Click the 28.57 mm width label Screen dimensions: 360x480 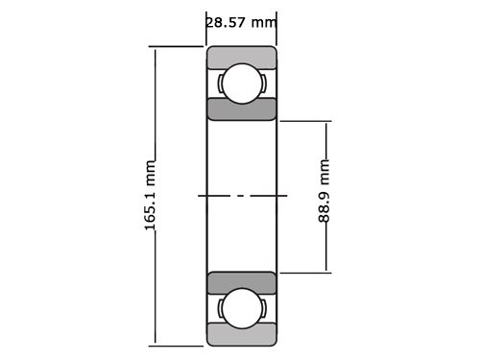point(241,22)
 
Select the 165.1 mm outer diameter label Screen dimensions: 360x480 point(150,195)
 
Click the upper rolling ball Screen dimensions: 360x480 point(242,83)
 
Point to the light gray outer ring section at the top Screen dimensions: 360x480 point(242,57)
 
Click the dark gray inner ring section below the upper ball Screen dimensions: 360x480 point(242,108)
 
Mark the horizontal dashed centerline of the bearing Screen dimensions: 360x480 point(242,196)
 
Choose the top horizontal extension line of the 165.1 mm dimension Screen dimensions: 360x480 point(178,46)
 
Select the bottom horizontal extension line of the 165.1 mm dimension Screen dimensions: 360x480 point(178,345)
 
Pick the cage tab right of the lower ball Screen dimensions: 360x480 point(262,308)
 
